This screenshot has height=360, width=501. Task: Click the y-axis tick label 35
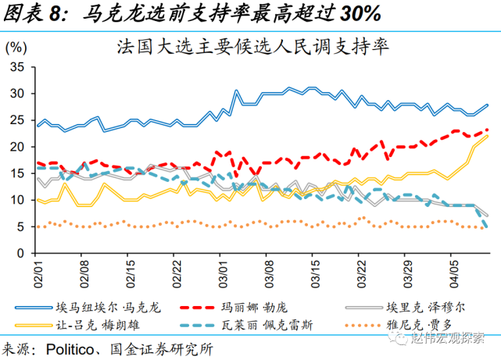18,67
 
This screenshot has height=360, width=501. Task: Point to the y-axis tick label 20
18,147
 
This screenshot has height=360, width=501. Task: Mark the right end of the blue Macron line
488,105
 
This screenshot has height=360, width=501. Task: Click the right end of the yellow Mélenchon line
488,136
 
